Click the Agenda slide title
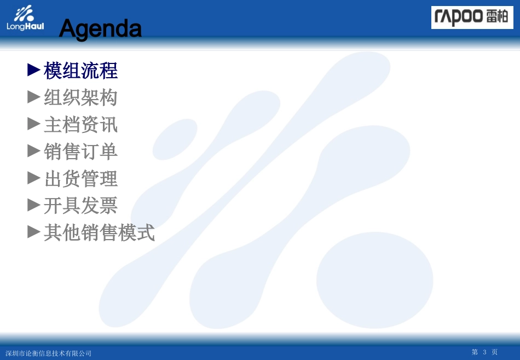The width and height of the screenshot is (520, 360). (x=100, y=28)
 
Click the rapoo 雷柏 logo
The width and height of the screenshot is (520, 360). (x=472, y=18)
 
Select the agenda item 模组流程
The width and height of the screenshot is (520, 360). (x=80, y=71)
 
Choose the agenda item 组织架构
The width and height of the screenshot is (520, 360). (x=80, y=97)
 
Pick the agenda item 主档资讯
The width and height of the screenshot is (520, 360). (x=80, y=125)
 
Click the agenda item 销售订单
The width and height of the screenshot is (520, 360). (x=80, y=152)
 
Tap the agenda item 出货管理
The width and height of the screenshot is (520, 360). (x=80, y=179)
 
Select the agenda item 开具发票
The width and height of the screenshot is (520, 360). (x=80, y=206)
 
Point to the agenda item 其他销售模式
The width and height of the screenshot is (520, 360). (x=99, y=233)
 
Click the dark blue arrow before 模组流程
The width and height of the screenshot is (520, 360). (x=34, y=70)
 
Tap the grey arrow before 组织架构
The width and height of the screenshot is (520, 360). (x=34, y=97)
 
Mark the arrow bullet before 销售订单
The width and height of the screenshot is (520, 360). (x=34, y=151)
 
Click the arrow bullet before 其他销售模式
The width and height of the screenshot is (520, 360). (x=34, y=232)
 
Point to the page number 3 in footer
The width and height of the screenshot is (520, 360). (x=484, y=352)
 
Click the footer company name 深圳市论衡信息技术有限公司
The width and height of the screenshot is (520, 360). (x=48, y=353)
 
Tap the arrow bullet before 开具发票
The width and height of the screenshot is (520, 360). (x=34, y=205)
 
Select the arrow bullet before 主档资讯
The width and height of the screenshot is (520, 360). (x=34, y=124)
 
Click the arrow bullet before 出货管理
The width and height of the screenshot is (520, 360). (x=34, y=178)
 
